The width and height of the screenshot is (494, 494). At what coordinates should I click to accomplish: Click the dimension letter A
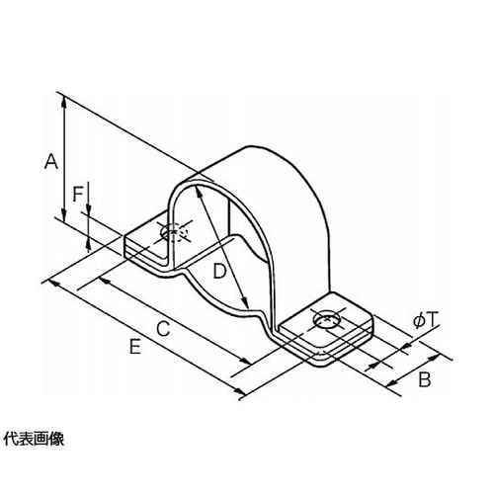[x=51, y=161]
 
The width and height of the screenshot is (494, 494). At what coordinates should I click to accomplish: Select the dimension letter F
[x=78, y=194]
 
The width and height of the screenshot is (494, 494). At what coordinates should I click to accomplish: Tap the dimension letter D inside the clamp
[x=219, y=272]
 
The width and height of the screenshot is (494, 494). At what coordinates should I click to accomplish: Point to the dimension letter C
[x=163, y=328]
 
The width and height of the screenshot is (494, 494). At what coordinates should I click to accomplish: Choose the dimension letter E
[x=135, y=347]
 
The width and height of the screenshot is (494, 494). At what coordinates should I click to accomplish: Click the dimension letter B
[x=425, y=379]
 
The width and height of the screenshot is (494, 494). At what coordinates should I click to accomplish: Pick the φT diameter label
[x=426, y=320]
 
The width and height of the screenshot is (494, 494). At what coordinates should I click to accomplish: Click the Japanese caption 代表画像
[x=34, y=439]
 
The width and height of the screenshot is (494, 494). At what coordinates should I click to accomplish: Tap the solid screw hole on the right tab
[x=326, y=319]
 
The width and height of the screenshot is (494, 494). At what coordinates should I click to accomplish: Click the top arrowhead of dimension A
[x=64, y=102]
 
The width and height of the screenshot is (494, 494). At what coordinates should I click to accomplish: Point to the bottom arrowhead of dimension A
[x=64, y=214]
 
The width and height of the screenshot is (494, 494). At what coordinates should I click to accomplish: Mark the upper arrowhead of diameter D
[x=199, y=192]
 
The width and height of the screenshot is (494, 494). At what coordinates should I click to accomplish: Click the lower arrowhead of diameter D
[x=244, y=300]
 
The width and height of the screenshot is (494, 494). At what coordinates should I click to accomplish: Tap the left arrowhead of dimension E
[x=53, y=283]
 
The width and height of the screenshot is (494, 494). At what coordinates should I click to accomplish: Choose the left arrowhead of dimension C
[x=105, y=281]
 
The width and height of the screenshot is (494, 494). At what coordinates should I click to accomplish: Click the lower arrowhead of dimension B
[x=392, y=382]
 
